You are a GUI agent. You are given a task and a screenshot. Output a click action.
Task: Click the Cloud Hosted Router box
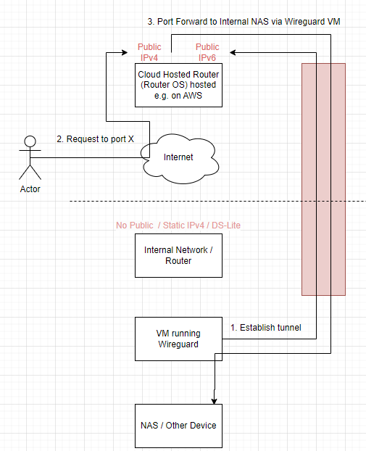[x=178, y=85]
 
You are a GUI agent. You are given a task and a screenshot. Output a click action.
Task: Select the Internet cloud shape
[x=178, y=157]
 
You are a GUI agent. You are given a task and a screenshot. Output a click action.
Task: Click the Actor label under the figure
[x=30, y=189]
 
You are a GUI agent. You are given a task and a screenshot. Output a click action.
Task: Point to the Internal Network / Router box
[x=178, y=255]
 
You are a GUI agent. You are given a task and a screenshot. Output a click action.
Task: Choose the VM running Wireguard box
[x=178, y=339]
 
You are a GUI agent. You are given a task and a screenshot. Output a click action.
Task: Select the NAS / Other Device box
[x=178, y=425]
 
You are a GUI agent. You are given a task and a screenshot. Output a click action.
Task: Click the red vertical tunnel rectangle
[x=323, y=179]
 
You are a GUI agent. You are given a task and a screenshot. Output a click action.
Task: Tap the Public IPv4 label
[x=150, y=52]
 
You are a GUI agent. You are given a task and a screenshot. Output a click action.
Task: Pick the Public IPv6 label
[x=208, y=52]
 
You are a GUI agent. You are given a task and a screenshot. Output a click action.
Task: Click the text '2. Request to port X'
[x=96, y=138]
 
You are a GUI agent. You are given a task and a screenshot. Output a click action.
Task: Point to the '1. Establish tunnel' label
[x=265, y=328]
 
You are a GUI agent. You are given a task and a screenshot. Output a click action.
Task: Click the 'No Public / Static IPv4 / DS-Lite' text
[x=178, y=225]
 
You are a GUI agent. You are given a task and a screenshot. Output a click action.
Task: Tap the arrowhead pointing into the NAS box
[x=214, y=400]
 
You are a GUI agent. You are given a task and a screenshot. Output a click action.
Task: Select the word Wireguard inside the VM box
[x=178, y=344]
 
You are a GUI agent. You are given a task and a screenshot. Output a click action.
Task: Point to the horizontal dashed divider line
[x=217, y=201]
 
